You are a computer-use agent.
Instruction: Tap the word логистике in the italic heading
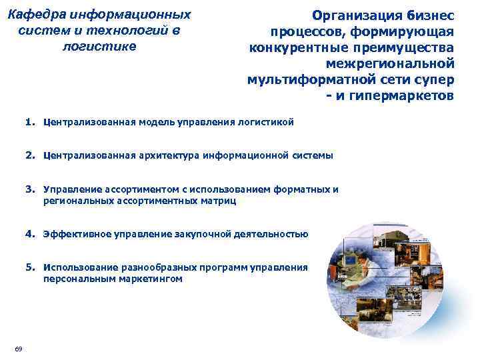pos(99,46)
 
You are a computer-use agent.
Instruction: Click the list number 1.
pos(31,123)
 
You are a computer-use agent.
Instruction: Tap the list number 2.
pos(31,155)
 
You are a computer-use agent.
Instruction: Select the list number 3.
pos(31,189)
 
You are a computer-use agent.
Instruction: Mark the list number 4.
pos(31,234)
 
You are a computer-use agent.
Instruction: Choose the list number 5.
pos(31,267)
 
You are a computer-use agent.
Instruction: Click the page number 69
pos(18,349)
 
